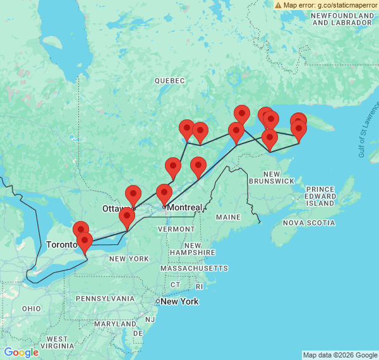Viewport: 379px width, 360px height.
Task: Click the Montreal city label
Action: (x=184, y=208)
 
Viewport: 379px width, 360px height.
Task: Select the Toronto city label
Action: (x=62, y=244)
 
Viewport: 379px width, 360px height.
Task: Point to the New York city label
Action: (x=179, y=301)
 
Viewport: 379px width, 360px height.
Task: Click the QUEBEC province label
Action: (x=170, y=81)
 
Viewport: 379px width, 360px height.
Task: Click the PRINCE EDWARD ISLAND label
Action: (x=320, y=196)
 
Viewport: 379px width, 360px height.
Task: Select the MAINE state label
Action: (x=228, y=217)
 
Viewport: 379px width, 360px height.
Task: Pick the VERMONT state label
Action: (x=181, y=229)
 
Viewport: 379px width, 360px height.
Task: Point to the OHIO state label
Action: (x=31, y=308)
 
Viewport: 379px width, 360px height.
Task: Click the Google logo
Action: (x=20, y=352)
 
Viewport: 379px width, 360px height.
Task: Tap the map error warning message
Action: (x=325, y=5)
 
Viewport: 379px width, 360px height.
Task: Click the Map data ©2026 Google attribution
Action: (x=340, y=355)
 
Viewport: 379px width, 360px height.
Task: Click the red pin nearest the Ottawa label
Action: (x=133, y=196)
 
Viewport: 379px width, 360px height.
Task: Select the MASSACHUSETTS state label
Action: (x=193, y=268)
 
